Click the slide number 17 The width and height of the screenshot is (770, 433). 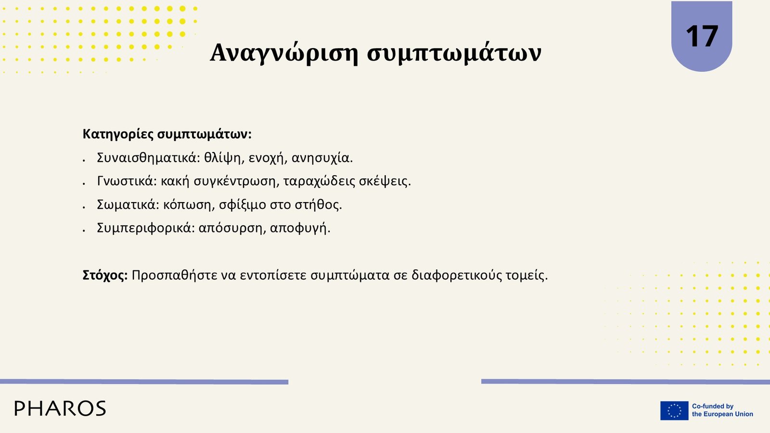tap(702, 36)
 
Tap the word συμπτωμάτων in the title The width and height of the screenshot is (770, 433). tap(454, 53)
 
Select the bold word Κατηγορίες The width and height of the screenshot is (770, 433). tap(118, 134)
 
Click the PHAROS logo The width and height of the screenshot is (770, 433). tap(60, 408)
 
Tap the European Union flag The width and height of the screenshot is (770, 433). tap(674, 411)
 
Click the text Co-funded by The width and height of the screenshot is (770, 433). tap(713, 406)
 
